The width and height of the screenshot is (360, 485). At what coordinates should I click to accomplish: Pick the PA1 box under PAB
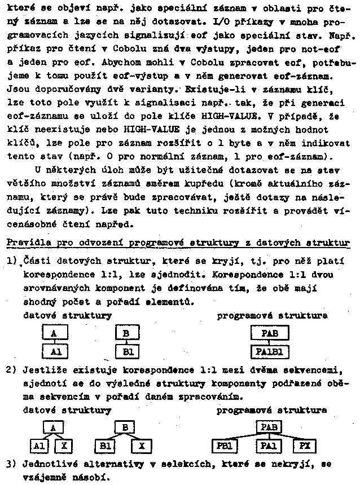click(x=268, y=447)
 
